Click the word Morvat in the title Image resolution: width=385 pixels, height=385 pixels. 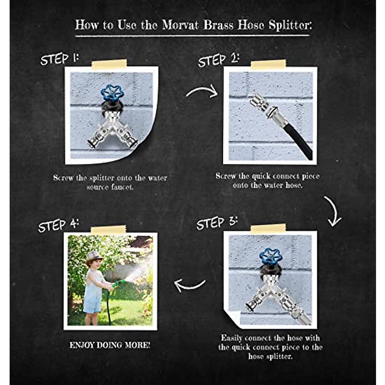180,25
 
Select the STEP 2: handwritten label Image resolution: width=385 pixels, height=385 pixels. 218,60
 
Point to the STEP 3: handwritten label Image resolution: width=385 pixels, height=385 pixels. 217,223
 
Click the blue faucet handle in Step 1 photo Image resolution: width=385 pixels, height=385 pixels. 112,92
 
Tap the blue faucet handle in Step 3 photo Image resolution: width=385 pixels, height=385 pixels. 270,256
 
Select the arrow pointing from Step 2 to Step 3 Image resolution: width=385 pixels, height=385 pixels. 333,212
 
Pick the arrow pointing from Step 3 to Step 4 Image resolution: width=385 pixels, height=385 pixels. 190,285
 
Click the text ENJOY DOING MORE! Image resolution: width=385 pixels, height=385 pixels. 110,345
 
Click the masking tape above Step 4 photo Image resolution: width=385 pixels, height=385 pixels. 108,230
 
